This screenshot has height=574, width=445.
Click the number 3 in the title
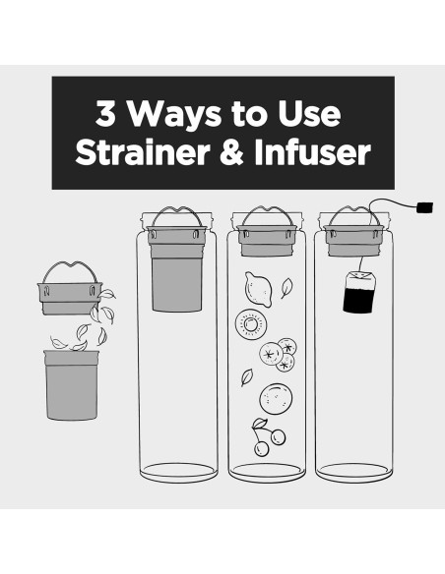105,113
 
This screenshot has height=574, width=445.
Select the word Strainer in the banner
142,152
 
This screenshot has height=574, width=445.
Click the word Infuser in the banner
312,152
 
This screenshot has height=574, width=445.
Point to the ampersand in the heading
231,152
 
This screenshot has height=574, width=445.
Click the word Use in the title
309,113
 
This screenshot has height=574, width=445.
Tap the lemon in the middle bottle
258,289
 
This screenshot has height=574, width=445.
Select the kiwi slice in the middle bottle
251,324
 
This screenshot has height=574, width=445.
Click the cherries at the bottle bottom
268,437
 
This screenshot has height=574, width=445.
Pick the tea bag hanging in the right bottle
358,291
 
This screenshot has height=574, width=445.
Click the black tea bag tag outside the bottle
425,207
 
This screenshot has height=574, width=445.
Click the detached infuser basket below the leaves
72,384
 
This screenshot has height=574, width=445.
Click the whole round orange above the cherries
276,399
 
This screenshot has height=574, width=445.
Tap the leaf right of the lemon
286,288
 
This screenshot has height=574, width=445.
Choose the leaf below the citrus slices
247,377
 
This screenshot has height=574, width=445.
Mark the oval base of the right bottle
353,472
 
